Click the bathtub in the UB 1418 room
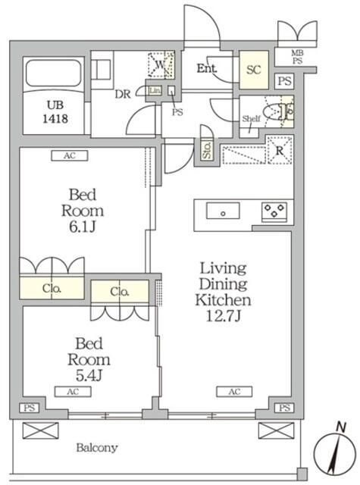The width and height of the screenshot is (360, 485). click(x=54, y=74)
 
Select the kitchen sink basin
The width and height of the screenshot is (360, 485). click(x=223, y=211)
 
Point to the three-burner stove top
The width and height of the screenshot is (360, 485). click(x=274, y=211)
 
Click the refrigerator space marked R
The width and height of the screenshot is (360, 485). click(x=279, y=150)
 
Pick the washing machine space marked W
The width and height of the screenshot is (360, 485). click(x=161, y=64)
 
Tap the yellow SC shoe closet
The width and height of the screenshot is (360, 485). click(x=254, y=70)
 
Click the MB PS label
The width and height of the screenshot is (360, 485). click(x=297, y=58)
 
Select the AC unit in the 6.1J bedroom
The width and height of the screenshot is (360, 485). click(x=70, y=155)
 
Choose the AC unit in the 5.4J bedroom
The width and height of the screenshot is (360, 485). click(x=73, y=392)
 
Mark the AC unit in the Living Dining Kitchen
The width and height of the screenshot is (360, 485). click(x=234, y=392)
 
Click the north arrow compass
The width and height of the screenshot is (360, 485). click(x=334, y=452)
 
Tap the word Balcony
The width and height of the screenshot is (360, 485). click(x=97, y=447)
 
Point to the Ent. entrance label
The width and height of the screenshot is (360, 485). click(x=207, y=68)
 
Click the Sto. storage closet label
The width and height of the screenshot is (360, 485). click(x=207, y=150)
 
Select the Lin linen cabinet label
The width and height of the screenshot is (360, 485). click(x=155, y=91)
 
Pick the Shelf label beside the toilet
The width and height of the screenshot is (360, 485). click(x=251, y=118)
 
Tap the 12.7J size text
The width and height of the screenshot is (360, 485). click(x=224, y=316)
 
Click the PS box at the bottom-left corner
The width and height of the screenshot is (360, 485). click(x=30, y=408)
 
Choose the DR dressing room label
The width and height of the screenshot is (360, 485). click(x=123, y=94)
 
